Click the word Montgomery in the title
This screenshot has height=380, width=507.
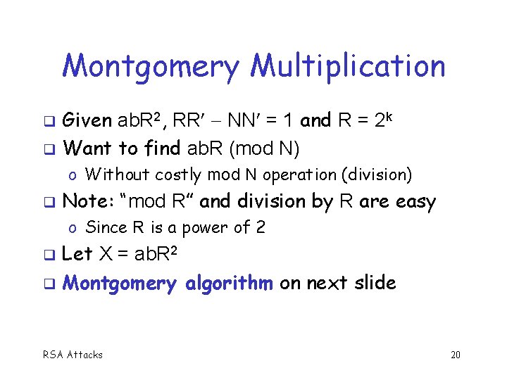(152, 68)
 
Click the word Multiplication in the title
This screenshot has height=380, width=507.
(348, 66)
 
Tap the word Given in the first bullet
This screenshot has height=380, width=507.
(87, 121)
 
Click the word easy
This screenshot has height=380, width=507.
(415, 203)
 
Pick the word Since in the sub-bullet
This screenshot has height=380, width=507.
(104, 227)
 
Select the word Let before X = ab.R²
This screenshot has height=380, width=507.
(77, 255)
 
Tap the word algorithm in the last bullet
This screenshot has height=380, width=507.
(229, 284)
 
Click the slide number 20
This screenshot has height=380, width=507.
(455, 355)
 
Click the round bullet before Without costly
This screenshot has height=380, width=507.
(73, 175)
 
